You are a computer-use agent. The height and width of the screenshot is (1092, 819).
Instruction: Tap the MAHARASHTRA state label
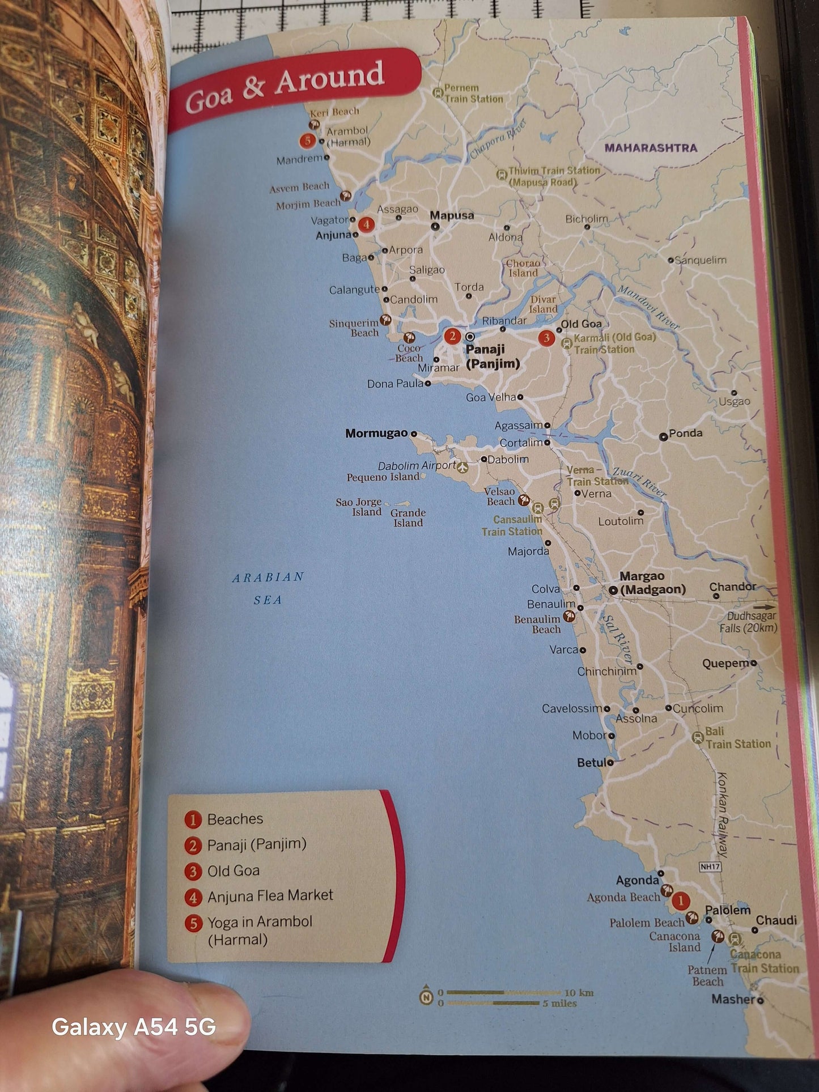point(651,148)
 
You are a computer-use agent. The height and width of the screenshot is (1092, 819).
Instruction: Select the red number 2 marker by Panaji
point(452,337)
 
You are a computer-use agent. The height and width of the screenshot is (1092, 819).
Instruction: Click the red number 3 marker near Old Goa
point(546,338)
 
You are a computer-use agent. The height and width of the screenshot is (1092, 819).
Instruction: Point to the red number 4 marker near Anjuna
point(367,224)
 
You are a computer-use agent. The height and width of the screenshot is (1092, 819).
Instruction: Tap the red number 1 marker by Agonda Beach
point(680,900)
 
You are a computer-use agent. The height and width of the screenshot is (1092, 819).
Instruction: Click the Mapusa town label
point(452,215)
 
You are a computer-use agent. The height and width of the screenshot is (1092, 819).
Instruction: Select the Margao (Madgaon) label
point(652,583)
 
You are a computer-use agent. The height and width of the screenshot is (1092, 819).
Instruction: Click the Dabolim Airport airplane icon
point(463,467)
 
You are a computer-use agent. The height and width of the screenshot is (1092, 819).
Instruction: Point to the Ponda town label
point(685,434)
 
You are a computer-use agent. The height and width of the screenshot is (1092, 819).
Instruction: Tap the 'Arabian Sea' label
point(268,588)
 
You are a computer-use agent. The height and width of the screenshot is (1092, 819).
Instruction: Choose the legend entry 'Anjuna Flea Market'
point(270,895)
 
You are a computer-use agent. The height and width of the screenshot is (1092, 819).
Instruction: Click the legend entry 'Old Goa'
point(234,870)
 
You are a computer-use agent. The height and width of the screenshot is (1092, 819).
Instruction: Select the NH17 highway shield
point(710,866)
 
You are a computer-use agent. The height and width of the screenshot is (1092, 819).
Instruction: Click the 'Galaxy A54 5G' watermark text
point(134,1026)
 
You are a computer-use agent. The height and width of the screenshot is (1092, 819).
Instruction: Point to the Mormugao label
point(376,434)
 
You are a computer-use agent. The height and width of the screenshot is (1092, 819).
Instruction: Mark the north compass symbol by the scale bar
point(426,997)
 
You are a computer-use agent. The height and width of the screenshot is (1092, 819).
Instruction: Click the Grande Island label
point(408,517)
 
